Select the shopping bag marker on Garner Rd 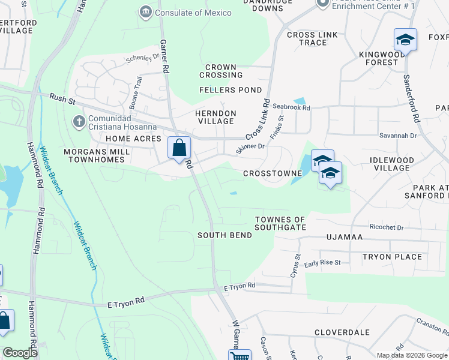[179, 148]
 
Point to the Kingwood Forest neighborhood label [382, 58]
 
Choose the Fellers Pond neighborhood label [231, 90]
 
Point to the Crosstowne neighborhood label [272, 173]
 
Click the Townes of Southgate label [280, 223]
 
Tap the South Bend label [224, 236]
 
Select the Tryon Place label [392, 257]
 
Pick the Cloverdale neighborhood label [342, 332]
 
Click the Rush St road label [61, 97]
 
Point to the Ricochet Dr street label [387, 228]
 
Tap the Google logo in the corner [20, 353]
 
